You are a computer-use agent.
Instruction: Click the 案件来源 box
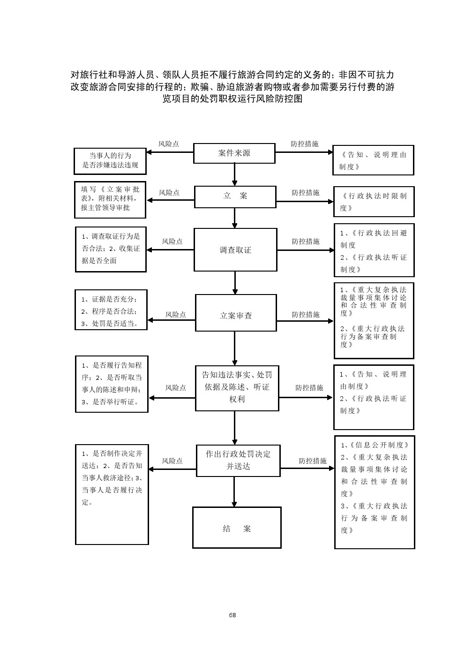pyautogui.click(x=234, y=153)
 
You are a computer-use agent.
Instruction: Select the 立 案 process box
pyautogui.click(x=235, y=197)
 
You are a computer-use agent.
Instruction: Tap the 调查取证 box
pyautogui.click(x=235, y=250)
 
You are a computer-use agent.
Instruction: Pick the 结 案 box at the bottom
pyautogui.click(x=237, y=528)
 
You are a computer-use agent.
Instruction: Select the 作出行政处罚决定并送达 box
pyautogui.click(x=238, y=460)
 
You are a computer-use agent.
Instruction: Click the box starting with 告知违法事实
pyautogui.click(x=237, y=387)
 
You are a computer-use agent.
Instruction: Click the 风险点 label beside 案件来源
pyautogui.click(x=169, y=144)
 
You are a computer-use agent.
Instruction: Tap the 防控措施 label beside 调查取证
pyautogui.click(x=306, y=241)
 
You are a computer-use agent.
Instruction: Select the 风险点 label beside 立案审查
pyautogui.click(x=176, y=314)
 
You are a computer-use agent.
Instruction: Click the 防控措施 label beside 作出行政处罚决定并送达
pyautogui.click(x=313, y=461)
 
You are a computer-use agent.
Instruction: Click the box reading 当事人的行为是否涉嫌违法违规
pyautogui.click(x=110, y=160)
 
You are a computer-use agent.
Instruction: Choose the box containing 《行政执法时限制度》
pyautogui.click(x=374, y=202)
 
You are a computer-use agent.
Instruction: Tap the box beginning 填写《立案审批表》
pyautogui.click(x=110, y=200)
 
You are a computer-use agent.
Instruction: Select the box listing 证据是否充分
pyautogui.click(x=111, y=310)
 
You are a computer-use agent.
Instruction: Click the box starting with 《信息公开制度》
pyautogui.click(x=375, y=492)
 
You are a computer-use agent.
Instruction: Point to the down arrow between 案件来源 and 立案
pyautogui.click(x=234, y=175)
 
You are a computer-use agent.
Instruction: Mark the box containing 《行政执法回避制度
pyautogui.click(x=374, y=250)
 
